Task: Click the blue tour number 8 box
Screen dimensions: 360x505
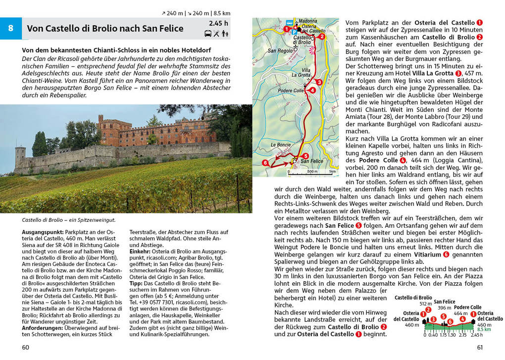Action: point(11,28)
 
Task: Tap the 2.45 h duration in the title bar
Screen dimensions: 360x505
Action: point(218,23)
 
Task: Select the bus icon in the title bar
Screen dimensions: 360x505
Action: point(208,34)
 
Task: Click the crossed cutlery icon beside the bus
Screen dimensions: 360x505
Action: point(217,34)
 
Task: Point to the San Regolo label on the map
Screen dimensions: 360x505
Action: point(280,51)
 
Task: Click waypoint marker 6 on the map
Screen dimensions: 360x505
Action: point(265,162)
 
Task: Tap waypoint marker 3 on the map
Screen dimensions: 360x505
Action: point(319,82)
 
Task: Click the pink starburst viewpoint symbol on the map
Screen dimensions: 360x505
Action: point(311,51)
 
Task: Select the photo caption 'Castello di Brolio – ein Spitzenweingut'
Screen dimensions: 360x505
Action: point(69,220)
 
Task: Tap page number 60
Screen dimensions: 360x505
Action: point(26,347)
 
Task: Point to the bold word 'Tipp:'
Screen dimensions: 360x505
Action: point(137,283)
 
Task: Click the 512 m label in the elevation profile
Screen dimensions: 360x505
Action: point(425,304)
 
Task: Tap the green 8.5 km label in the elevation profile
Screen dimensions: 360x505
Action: point(484,329)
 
